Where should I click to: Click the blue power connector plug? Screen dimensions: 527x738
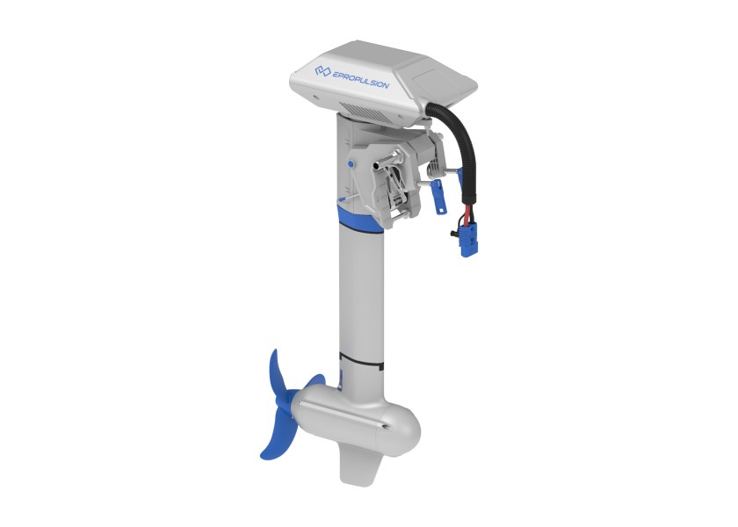467,240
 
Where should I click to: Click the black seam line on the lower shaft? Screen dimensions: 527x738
361,360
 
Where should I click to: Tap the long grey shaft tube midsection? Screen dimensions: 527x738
358,290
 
